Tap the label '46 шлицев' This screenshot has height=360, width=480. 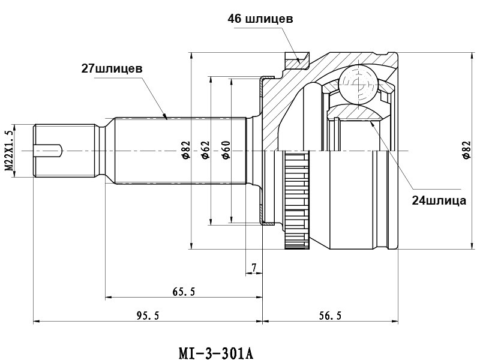pyautogui.click(x=260, y=19)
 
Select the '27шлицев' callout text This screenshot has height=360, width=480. pyautogui.click(x=112, y=68)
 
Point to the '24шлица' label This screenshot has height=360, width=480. pyautogui.click(x=439, y=200)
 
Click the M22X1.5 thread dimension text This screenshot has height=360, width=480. pyautogui.click(x=8, y=151)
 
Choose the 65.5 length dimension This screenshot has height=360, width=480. pyautogui.click(x=184, y=292)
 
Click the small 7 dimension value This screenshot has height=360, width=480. pyautogui.click(x=254, y=266)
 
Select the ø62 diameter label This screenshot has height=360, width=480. pyautogui.click(x=205, y=151)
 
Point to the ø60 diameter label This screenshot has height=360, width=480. pyautogui.click(x=226, y=151)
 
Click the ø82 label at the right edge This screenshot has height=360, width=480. pyautogui.click(x=466, y=151)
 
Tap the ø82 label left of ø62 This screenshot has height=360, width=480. pyautogui.click(x=185, y=151)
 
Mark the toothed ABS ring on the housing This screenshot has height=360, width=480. pyautogui.click(x=296, y=201)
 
